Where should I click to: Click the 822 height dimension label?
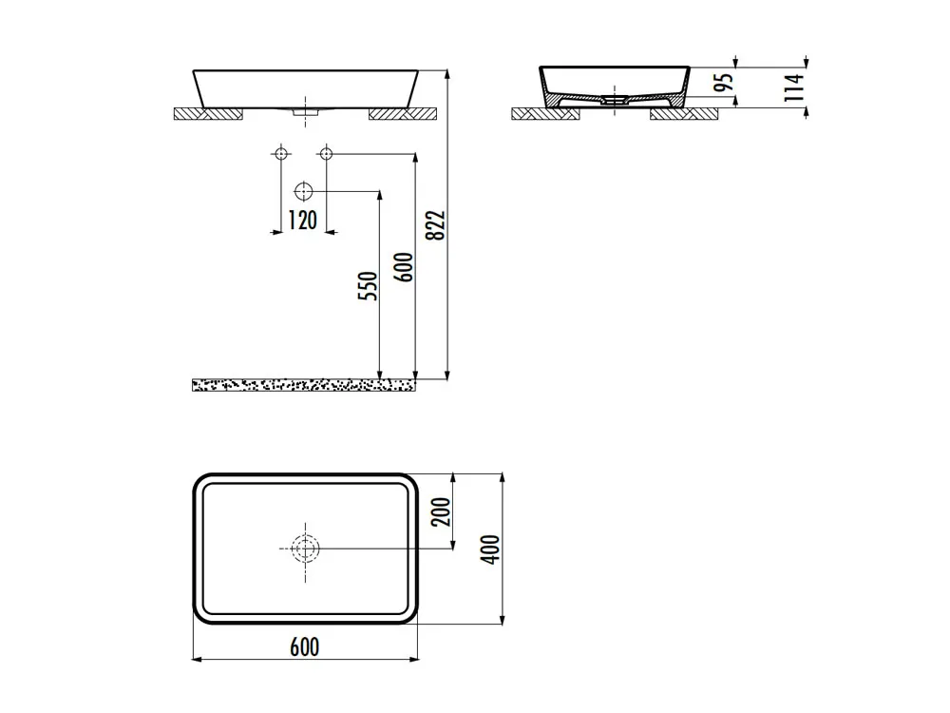(436, 225)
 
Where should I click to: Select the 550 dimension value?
(368, 286)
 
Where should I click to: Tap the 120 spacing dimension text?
(302, 221)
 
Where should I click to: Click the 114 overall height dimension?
(794, 87)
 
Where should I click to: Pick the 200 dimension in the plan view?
(442, 511)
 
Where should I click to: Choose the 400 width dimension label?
(490, 549)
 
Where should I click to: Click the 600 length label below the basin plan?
(304, 646)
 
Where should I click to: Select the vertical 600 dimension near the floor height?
(404, 267)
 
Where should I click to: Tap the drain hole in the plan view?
(305, 549)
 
